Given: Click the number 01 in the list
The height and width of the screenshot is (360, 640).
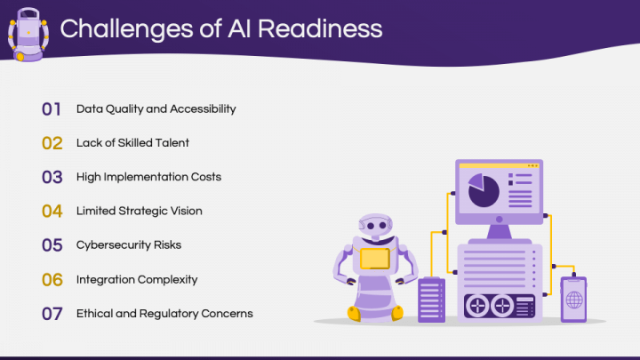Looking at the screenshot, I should click(52, 109).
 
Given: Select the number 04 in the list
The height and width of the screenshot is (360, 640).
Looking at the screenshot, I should click(52, 211).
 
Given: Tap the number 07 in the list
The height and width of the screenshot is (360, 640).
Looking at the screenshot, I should click(52, 313).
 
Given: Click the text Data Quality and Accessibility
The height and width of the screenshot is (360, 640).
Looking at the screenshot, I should click(156, 108).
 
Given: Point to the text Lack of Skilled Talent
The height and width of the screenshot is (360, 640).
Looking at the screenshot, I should click(132, 142).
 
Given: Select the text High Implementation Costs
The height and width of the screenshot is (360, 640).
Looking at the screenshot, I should click(148, 176).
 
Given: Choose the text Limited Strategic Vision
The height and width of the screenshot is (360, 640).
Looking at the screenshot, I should click(139, 211).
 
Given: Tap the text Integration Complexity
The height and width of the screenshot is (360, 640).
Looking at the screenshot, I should click(136, 279).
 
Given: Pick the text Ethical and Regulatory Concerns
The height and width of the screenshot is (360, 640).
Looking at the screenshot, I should click(164, 313).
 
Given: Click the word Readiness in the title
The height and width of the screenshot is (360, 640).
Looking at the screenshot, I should click(316, 28).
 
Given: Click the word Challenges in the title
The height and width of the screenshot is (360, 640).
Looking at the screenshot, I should click(124, 28).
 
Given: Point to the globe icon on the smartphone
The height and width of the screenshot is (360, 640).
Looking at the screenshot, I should click(573, 300).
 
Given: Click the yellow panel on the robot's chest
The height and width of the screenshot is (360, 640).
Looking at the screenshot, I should click(374, 259).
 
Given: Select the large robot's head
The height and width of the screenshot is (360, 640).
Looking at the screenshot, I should click(374, 228).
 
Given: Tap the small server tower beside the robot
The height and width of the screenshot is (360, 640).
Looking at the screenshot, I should click(431, 299).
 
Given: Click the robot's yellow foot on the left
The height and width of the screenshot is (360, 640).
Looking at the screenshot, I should click(353, 313).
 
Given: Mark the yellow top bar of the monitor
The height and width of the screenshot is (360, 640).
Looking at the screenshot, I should click(498, 165).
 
